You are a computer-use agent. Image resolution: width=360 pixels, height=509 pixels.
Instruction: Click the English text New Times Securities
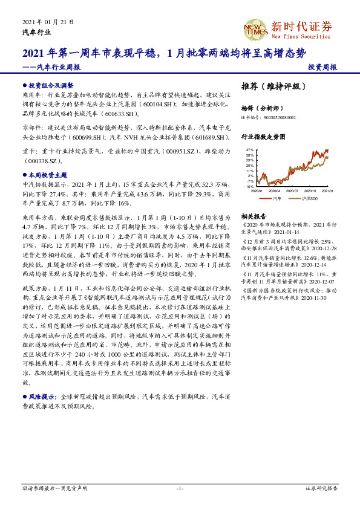[x=300, y=37]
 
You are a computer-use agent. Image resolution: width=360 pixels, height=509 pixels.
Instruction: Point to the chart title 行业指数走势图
[x=263, y=137]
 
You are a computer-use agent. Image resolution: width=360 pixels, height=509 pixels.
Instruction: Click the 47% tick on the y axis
[x=249, y=149]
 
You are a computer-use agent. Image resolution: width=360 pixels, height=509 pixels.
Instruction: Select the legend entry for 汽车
[x=277, y=198]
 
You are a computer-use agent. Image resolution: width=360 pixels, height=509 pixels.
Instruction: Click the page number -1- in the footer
[x=180, y=487]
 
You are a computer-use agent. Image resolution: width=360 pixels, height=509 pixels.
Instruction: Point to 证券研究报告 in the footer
[x=321, y=487]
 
